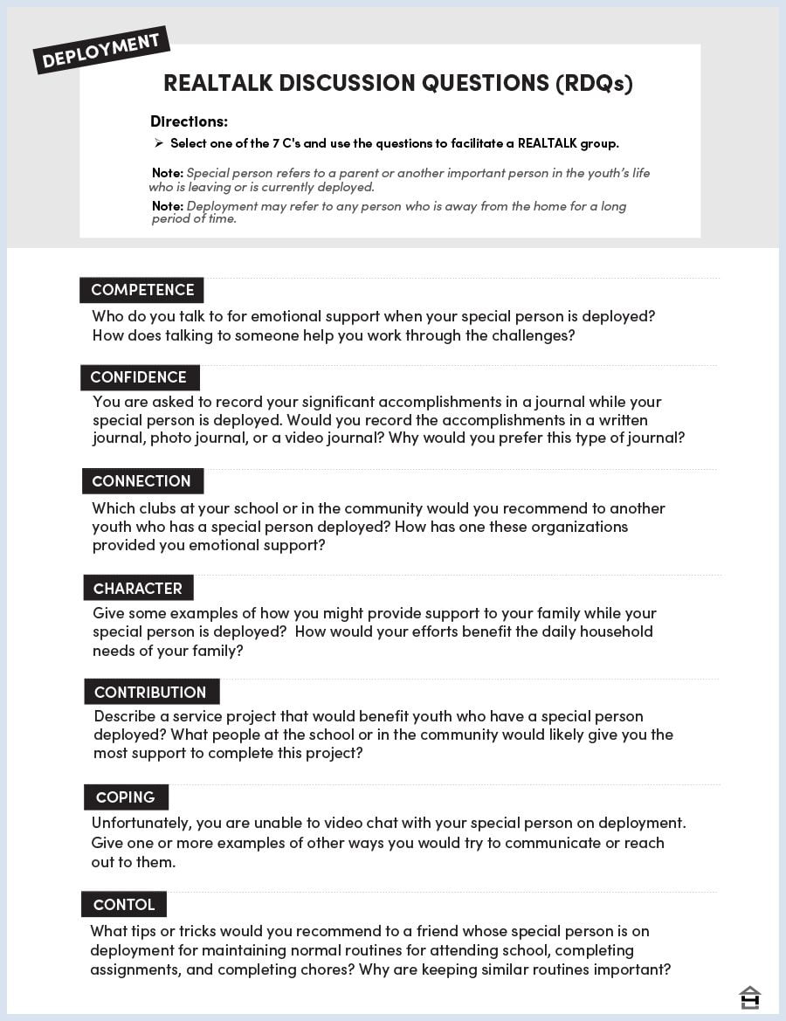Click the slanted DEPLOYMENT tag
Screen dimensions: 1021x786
pyautogui.click(x=100, y=51)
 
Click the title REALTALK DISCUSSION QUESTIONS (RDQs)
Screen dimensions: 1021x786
pyautogui.click(x=397, y=83)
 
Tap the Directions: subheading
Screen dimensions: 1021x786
pyautogui.click(x=189, y=121)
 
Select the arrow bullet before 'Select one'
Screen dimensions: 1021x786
pyautogui.click(x=159, y=143)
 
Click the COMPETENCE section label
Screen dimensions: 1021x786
pyautogui.click(x=142, y=290)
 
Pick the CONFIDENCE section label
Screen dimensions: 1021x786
pyautogui.click(x=138, y=377)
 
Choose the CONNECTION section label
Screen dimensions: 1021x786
pyautogui.click(x=141, y=481)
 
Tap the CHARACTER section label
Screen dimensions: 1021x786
pyautogui.click(x=138, y=588)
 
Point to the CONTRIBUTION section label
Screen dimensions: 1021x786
pyautogui.click(x=150, y=692)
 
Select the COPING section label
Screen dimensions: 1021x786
pyautogui.click(x=125, y=797)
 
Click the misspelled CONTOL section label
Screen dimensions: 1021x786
pyautogui.click(x=123, y=904)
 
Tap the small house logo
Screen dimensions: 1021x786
pyautogui.click(x=749, y=997)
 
